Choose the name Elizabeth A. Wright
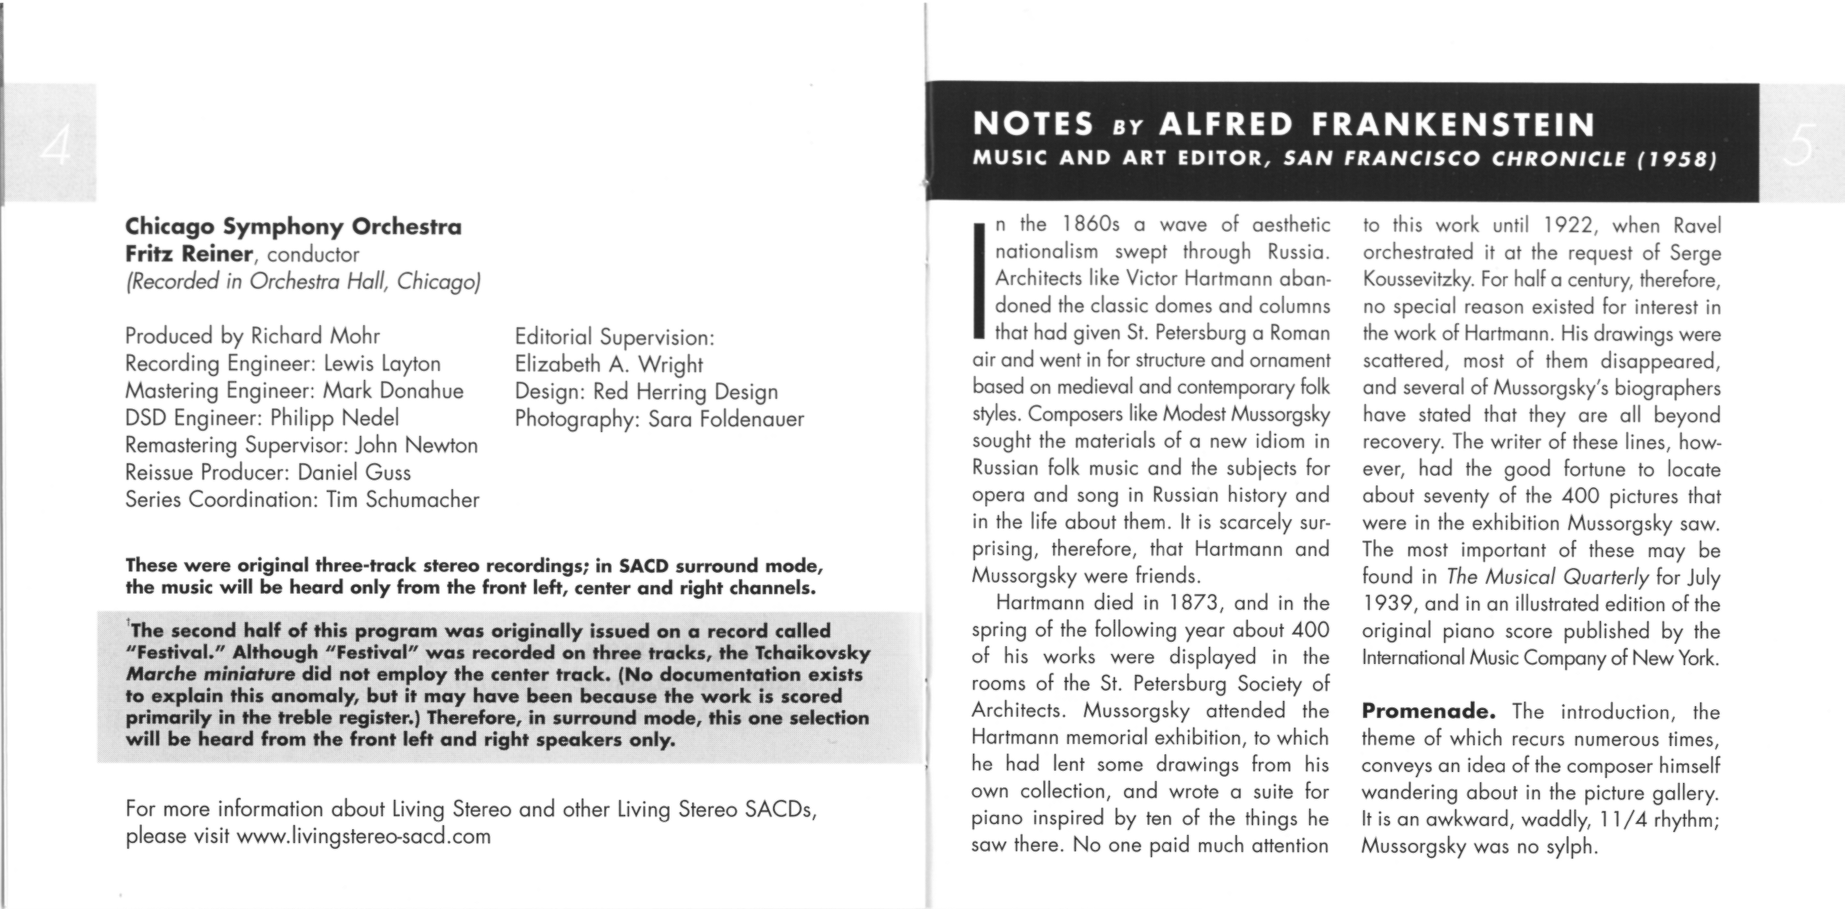(609, 364)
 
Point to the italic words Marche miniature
(210, 674)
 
